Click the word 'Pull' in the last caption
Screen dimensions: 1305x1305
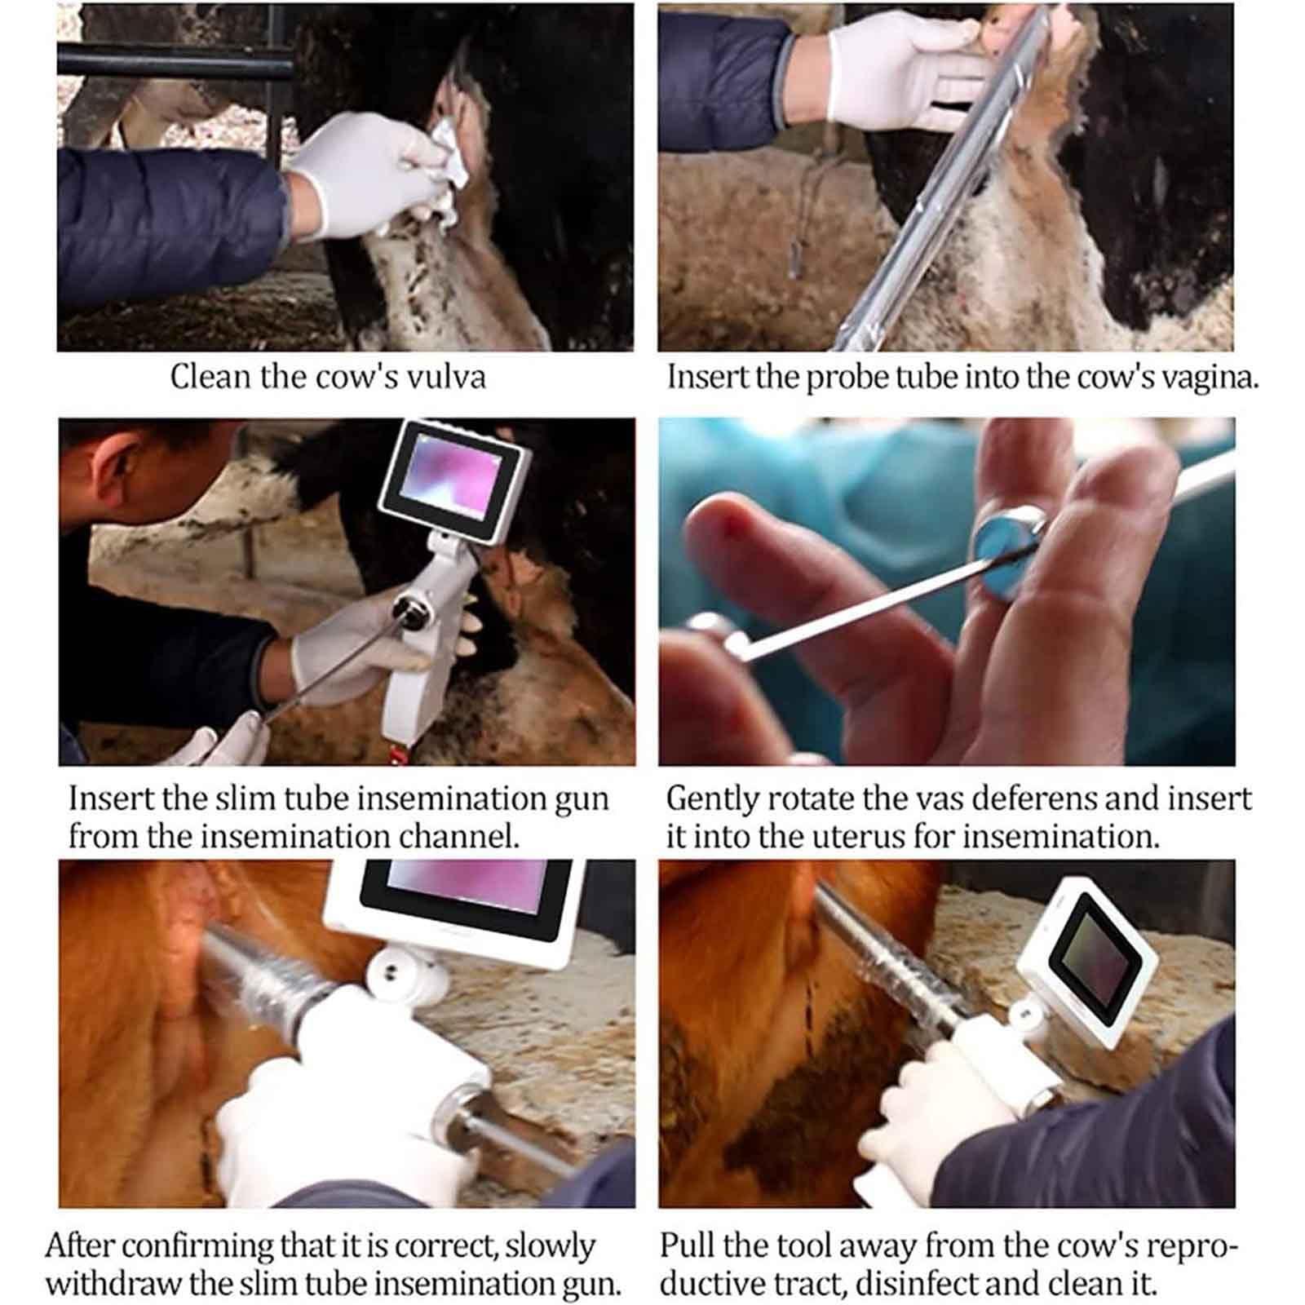687,1245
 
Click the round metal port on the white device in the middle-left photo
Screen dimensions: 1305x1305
407,610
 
